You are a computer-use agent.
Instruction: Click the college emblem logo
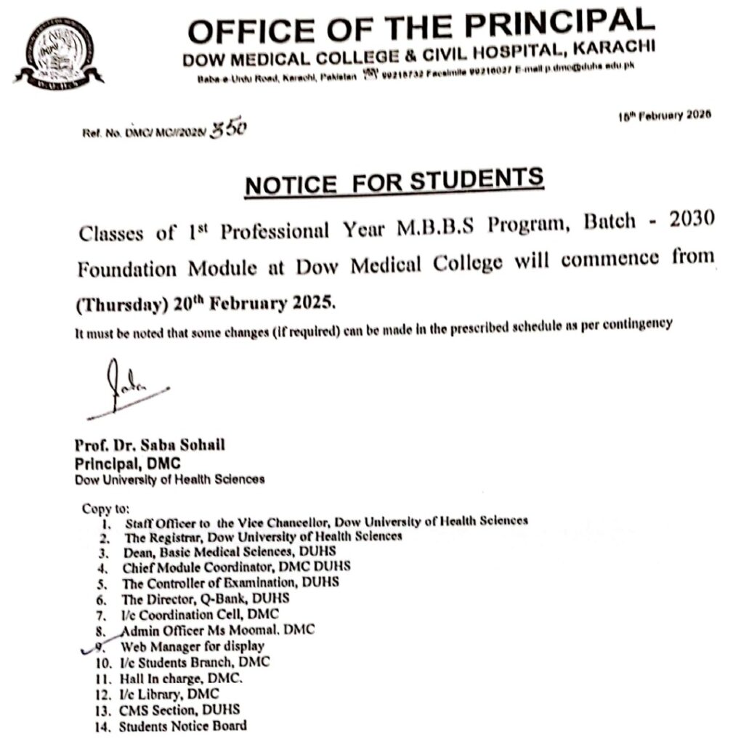[57, 52]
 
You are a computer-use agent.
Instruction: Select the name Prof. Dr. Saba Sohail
[150, 446]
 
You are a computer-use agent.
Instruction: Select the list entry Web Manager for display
[193, 646]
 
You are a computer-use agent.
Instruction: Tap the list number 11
[103, 678]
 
